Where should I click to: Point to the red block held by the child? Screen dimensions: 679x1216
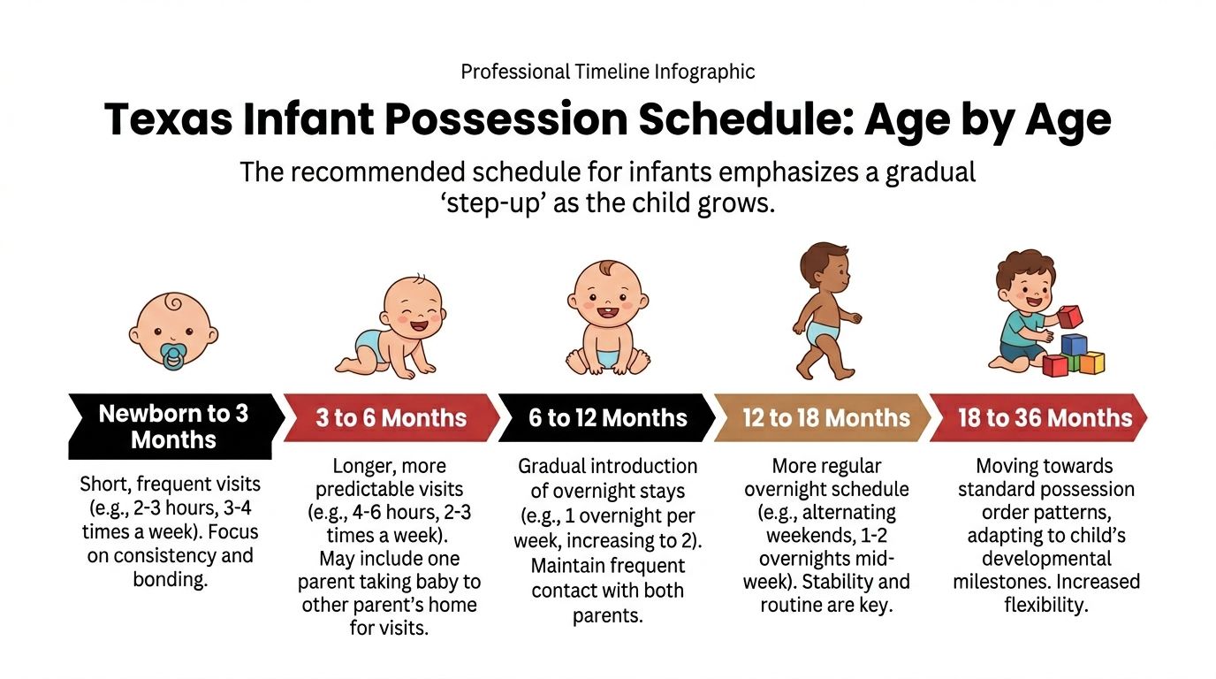pos(1069,317)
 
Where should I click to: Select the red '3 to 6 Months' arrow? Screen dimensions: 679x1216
pos(389,418)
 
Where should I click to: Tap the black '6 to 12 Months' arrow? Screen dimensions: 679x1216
pos(607,418)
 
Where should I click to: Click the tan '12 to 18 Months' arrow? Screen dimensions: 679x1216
pos(824,418)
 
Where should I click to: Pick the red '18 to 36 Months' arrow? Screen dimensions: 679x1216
pos(1043,418)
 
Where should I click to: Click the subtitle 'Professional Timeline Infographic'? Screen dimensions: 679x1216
pos(607,72)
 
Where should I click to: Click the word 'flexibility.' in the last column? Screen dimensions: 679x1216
pos(1045,605)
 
